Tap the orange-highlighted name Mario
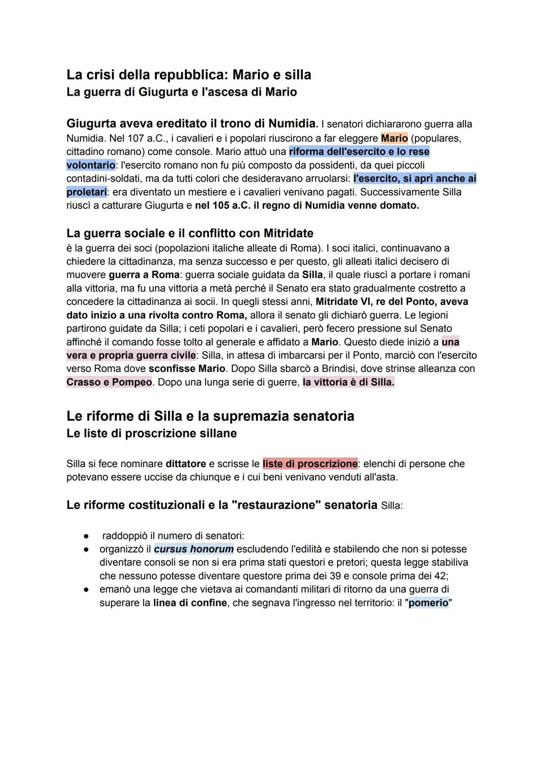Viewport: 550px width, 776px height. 394,138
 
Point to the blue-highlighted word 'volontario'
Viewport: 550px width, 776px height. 91,165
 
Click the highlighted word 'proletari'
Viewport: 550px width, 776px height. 87,192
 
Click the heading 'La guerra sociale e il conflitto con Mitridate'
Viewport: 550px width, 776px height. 189,233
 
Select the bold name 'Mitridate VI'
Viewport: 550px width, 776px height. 344,302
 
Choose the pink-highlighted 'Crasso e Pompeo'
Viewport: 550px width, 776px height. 109,382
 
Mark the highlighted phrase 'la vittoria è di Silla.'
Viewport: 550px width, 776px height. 348,382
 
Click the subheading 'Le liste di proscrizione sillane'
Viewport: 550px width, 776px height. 151,434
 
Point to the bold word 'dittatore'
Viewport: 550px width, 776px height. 186,464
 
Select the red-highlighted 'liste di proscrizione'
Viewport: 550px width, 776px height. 310,464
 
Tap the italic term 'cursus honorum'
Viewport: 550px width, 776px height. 194,550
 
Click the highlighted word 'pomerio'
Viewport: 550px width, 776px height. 428,603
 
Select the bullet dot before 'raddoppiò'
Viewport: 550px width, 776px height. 87,536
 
